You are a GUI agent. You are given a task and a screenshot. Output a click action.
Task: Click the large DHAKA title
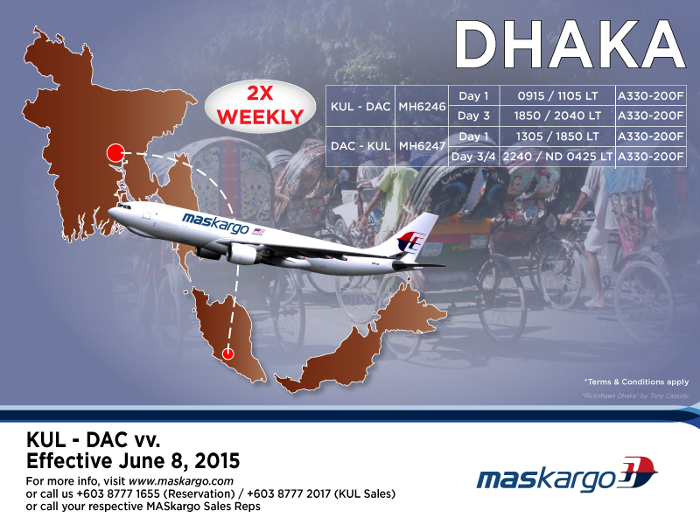tap(570, 44)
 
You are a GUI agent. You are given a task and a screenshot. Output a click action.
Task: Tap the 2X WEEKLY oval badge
tap(260, 106)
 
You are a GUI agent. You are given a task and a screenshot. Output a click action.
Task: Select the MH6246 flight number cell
tap(422, 106)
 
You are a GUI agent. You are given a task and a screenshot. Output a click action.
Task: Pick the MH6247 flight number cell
tap(422, 146)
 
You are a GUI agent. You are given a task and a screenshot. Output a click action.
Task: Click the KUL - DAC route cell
tap(360, 106)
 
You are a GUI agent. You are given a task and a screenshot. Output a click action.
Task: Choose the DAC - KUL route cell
tap(360, 146)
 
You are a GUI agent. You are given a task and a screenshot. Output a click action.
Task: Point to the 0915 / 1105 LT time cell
tap(557, 96)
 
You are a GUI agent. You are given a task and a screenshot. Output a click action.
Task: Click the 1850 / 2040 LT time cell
tap(557, 116)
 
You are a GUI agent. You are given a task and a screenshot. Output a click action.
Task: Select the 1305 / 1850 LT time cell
tap(557, 136)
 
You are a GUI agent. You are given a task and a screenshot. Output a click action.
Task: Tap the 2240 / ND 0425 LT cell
tap(557, 157)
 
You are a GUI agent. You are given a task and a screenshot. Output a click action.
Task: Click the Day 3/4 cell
tap(473, 157)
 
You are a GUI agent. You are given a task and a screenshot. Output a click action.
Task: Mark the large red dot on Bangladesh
tap(115, 153)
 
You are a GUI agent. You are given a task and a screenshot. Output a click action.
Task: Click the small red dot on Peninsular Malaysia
tap(228, 353)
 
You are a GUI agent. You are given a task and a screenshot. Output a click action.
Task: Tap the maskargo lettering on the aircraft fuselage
tap(215, 223)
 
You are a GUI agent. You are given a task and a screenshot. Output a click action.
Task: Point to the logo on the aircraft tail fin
tap(410, 241)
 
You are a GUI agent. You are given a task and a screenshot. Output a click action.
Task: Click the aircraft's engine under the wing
tap(242, 254)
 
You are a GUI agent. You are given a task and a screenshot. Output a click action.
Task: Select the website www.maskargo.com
tap(181, 481)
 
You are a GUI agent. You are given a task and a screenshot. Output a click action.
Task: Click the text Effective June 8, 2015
tap(133, 461)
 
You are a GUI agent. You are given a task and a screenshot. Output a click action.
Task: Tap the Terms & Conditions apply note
tap(637, 381)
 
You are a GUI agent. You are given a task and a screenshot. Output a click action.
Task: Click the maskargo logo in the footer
tap(566, 474)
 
